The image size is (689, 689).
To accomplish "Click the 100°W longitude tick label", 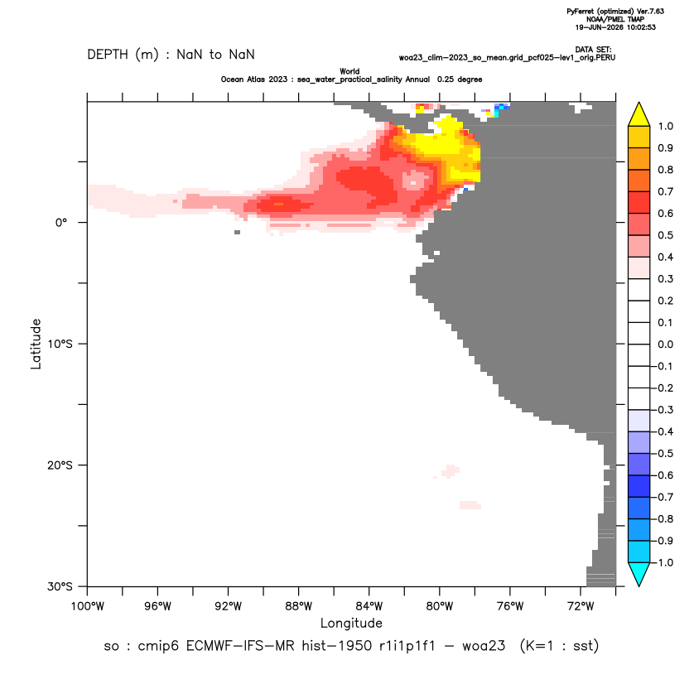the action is tap(88, 606).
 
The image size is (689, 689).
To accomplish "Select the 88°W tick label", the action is tap(298, 606).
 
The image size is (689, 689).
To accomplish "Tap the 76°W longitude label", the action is tap(510, 606).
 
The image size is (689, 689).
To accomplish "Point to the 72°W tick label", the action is tap(581, 606).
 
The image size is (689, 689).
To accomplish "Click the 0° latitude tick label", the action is tap(61, 223).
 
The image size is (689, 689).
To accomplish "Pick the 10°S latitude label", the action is tap(60, 344).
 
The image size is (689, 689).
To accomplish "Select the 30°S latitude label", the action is tap(60, 586).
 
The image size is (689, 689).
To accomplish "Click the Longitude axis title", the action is tap(351, 623).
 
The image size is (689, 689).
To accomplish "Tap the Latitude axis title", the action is tap(36, 344).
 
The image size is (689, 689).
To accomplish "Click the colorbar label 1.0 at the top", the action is tap(665, 127).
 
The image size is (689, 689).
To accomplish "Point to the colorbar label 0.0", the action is tap(665, 344).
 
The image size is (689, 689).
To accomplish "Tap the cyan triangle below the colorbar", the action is tap(639, 573).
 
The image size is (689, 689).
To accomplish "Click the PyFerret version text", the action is tap(615, 12).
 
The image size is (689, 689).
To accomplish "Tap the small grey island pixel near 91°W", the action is tap(238, 232).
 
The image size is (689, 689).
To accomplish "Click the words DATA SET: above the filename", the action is tap(593, 50).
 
